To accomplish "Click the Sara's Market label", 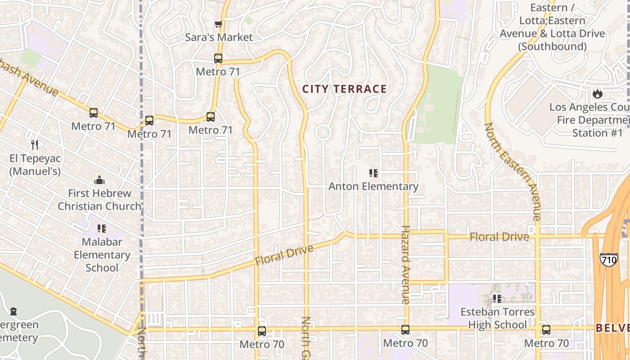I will (219, 37).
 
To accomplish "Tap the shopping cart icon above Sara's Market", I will (218, 24).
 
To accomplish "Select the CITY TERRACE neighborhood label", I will (344, 89).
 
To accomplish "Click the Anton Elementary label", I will (373, 186).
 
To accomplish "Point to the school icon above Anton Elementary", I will (373, 173).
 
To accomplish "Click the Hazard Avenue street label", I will (405, 264).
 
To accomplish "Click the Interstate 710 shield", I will (608, 260).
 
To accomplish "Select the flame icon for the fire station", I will (597, 94).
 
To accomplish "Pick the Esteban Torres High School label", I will (497, 318).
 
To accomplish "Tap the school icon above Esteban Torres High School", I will (497, 298).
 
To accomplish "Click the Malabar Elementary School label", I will (102, 255).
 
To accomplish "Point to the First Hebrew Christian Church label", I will (99, 200).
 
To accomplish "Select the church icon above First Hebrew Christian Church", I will (99, 180).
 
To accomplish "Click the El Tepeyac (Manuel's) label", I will (35, 165).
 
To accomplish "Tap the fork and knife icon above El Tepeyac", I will (35, 144).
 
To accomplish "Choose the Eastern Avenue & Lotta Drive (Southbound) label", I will (552, 27).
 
